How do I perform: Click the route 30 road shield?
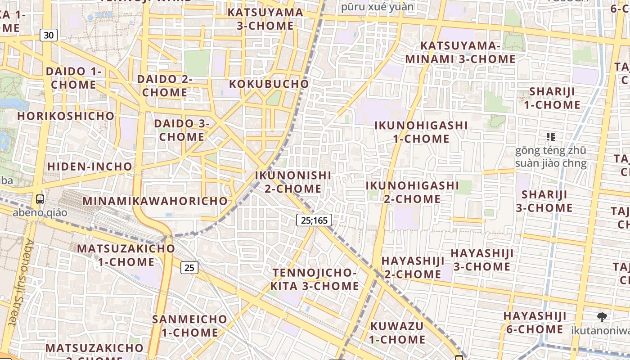(x=49, y=35)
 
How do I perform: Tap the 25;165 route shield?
(x=314, y=220)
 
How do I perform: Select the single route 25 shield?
(x=189, y=268)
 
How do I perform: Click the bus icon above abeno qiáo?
(x=40, y=199)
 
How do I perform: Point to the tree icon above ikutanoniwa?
(x=602, y=317)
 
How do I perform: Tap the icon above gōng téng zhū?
(x=550, y=136)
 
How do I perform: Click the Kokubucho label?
(x=269, y=84)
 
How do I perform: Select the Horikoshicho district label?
(x=66, y=116)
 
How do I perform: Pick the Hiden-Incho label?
(x=90, y=166)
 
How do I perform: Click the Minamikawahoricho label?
(x=155, y=201)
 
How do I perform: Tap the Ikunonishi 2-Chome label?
(x=293, y=182)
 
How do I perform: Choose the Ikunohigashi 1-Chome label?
(x=421, y=132)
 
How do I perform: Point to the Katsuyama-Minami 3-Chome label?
(x=460, y=52)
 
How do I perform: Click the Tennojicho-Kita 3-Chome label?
(x=315, y=279)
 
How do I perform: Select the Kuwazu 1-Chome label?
(x=397, y=333)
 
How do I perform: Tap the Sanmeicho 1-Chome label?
(x=190, y=326)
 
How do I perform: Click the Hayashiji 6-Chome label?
(x=535, y=322)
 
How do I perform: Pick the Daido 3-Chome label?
(x=182, y=130)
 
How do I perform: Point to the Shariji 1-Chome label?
(x=552, y=98)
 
